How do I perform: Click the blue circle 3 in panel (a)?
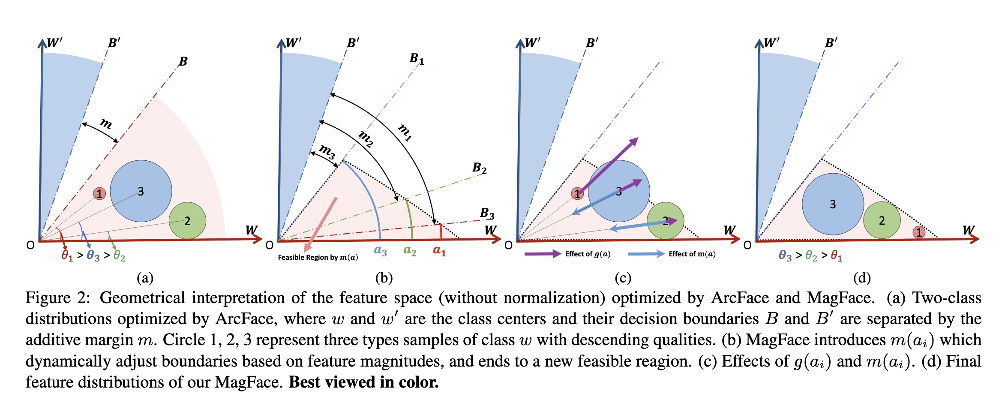tap(141, 191)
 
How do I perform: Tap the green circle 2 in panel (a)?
tap(187, 221)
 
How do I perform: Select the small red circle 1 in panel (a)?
tap(99, 194)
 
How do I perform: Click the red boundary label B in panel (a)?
tap(183, 61)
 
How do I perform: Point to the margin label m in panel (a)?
tap(106, 123)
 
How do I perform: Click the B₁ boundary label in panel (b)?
tap(417, 58)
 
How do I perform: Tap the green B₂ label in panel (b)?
tap(480, 168)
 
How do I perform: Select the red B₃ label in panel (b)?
tap(487, 213)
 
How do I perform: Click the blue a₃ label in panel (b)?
tap(380, 251)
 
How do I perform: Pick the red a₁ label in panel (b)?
tap(439, 250)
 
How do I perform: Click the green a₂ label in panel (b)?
tap(410, 250)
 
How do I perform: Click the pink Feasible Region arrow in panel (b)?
tap(321, 224)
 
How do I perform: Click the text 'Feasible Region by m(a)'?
tap(318, 257)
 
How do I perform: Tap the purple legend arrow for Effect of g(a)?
tap(543, 254)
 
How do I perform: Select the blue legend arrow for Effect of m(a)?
tap(646, 254)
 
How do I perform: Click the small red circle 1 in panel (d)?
tap(918, 232)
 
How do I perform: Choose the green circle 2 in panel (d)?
tap(882, 220)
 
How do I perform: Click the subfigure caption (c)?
tap(623, 278)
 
